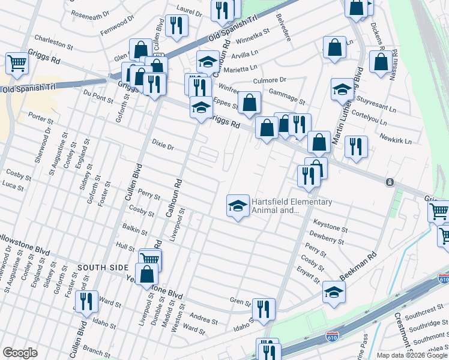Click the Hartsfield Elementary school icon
point(238,206)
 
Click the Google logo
point(20,353)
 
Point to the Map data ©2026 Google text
point(412,355)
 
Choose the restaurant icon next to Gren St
point(263,309)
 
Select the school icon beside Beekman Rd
point(334,292)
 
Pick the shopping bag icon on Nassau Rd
point(381,61)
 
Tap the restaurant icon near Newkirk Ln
point(356,146)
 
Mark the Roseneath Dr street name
point(90,13)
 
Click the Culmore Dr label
point(271,80)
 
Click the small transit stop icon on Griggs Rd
point(390,182)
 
